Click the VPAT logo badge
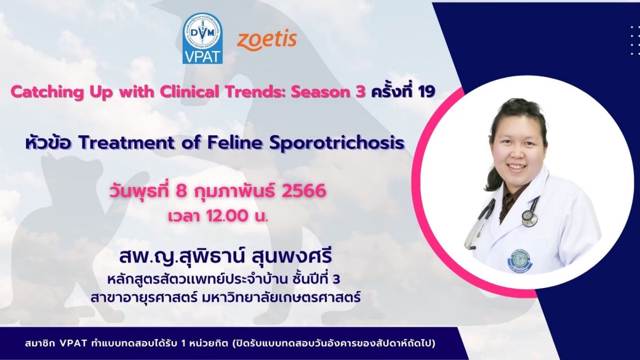[202, 38]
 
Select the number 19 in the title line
[426, 92]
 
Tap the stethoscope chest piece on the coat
[529, 218]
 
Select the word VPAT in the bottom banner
[73, 343]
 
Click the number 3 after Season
[361, 92]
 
